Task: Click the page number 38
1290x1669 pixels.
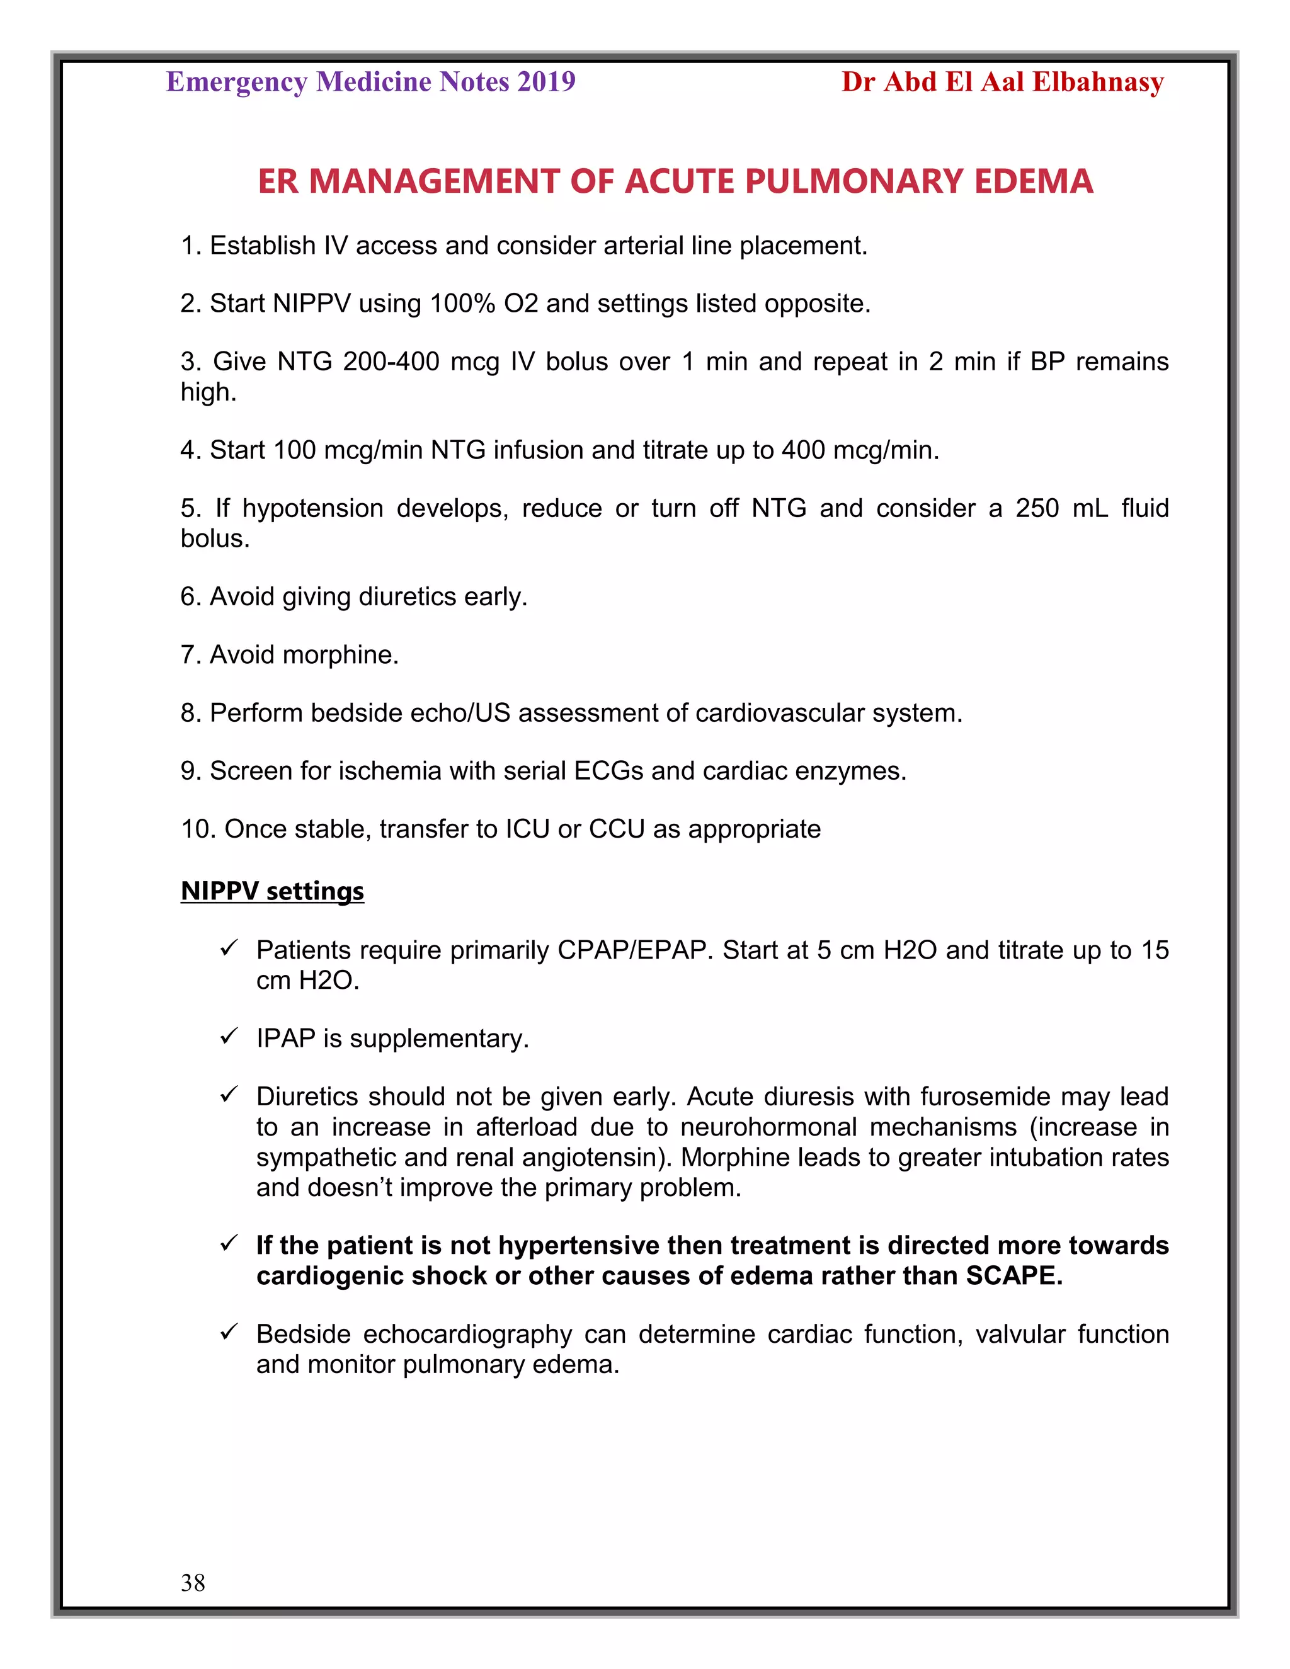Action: [193, 1582]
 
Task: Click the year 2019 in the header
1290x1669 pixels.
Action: [545, 82]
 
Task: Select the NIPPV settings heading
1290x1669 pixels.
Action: [272, 891]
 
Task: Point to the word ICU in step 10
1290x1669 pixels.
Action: [527, 829]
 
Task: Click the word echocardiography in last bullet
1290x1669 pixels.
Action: [467, 1333]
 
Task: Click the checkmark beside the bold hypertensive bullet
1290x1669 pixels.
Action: [229, 1243]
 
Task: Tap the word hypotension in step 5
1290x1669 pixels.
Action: [312, 508]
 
